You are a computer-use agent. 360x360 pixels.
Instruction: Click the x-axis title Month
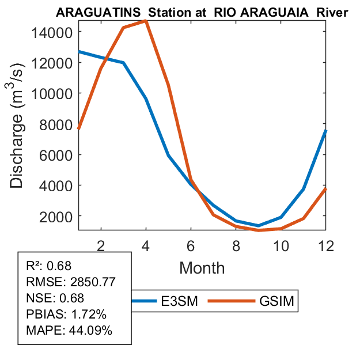[x=202, y=267]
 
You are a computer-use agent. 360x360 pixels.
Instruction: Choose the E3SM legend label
[x=180, y=301]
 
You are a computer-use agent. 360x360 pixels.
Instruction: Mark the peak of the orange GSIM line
[x=146, y=21]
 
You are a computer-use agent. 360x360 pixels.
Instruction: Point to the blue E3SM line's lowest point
[x=258, y=226]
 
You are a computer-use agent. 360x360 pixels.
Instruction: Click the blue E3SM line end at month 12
[x=325, y=131]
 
